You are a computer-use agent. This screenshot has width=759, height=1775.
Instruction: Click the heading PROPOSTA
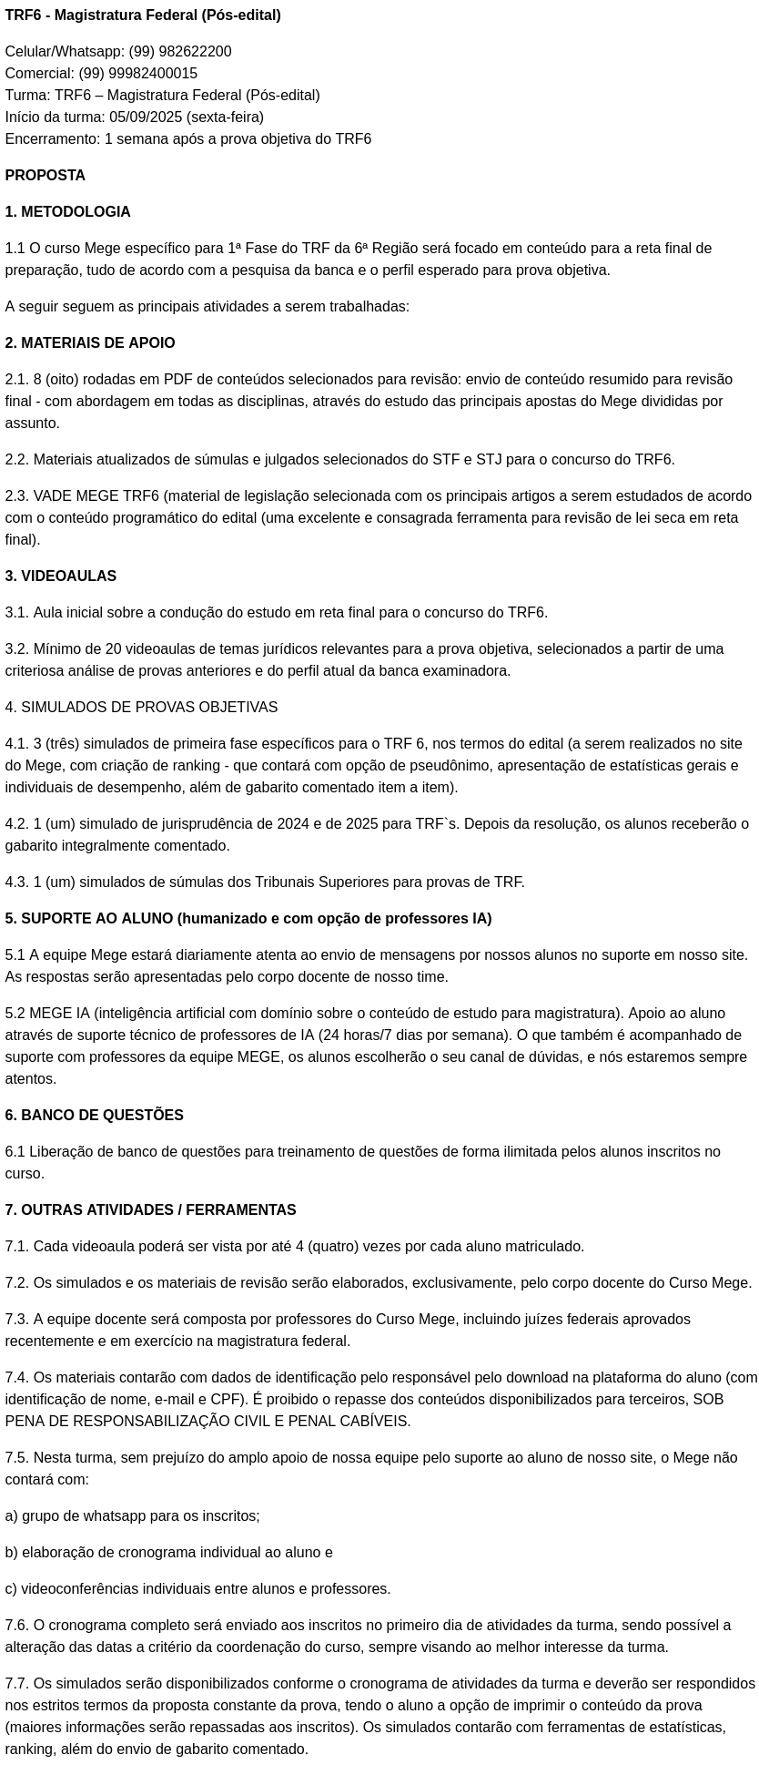46,176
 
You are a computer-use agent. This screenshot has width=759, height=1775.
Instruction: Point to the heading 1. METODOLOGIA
67,212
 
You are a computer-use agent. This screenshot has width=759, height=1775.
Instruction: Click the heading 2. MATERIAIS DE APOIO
90,343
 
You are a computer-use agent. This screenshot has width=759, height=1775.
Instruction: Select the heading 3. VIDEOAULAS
61,576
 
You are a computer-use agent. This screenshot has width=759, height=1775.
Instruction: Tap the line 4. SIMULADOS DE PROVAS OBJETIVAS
141,708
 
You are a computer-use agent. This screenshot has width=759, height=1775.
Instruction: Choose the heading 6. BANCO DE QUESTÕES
95,1116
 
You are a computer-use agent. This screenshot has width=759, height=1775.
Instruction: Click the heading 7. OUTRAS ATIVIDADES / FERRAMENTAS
150,1210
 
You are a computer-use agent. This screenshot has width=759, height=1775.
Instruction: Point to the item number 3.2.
16,649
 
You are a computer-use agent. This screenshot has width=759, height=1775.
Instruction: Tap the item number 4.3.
16,882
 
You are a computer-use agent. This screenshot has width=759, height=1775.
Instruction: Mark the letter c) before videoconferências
11,1589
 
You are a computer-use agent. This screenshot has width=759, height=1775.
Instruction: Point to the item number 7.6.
16,1626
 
